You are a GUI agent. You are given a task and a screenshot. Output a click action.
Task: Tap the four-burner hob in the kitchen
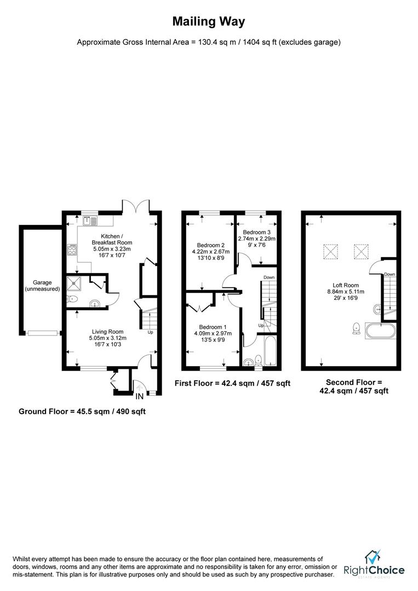71,250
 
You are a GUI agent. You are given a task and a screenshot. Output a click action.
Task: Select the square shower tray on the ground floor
73,283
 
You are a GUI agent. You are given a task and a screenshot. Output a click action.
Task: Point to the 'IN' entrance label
140,396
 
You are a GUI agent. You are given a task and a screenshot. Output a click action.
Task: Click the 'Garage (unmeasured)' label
42,286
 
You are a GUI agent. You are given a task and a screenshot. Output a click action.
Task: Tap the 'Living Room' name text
107,331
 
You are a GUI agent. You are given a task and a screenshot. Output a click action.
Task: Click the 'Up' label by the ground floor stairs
150,332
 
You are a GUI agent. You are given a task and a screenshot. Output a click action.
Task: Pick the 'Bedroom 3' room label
256,232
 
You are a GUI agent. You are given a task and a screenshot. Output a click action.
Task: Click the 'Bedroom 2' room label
210,245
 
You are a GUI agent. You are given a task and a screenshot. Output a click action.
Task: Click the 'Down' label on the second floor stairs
390,274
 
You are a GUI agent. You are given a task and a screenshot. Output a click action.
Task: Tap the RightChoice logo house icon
373,557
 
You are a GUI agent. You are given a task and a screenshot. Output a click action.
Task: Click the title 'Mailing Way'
209,22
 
